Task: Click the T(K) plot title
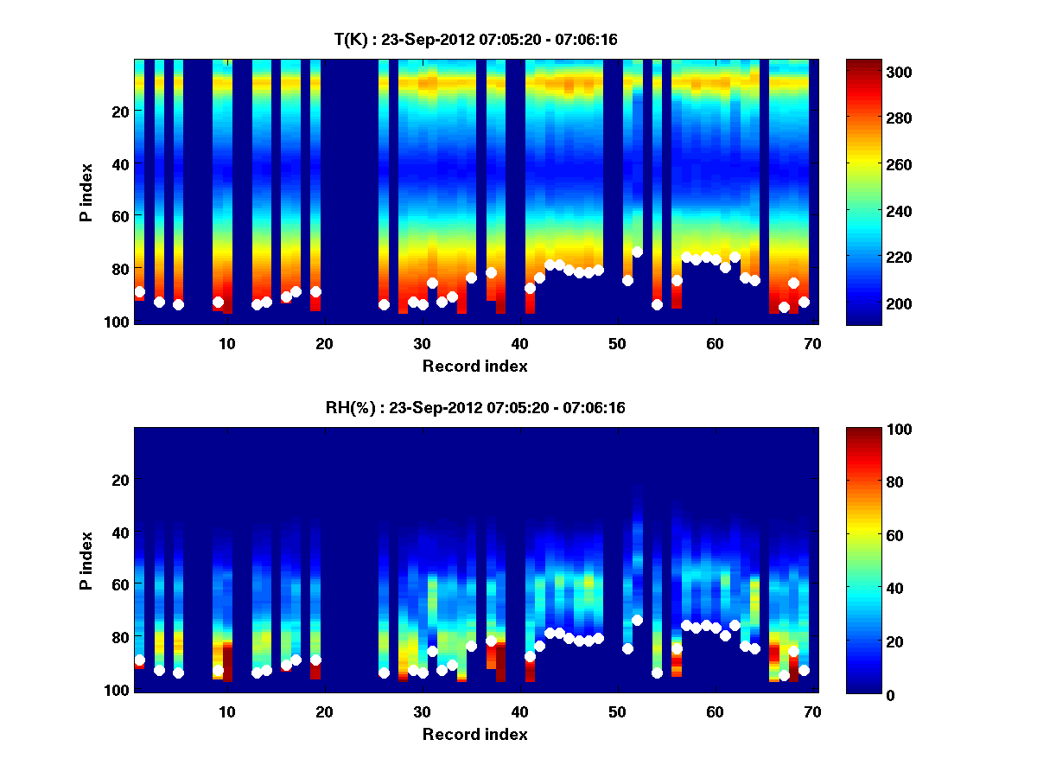click(x=475, y=40)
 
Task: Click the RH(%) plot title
click(x=475, y=408)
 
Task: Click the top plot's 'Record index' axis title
click(x=475, y=367)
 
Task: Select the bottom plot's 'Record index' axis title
click(x=475, y=735)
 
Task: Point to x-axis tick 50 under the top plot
click(x=617, y=343)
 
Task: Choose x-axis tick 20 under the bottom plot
click(x=324, y=711)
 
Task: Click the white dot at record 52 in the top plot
click(x=637, y=252)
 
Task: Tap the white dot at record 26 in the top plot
click(x=384, y=304)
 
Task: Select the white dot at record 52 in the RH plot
click(x=637, y=620)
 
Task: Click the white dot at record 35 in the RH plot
click(x=471, y=646)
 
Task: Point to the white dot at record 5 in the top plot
click(x=178, y=304)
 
